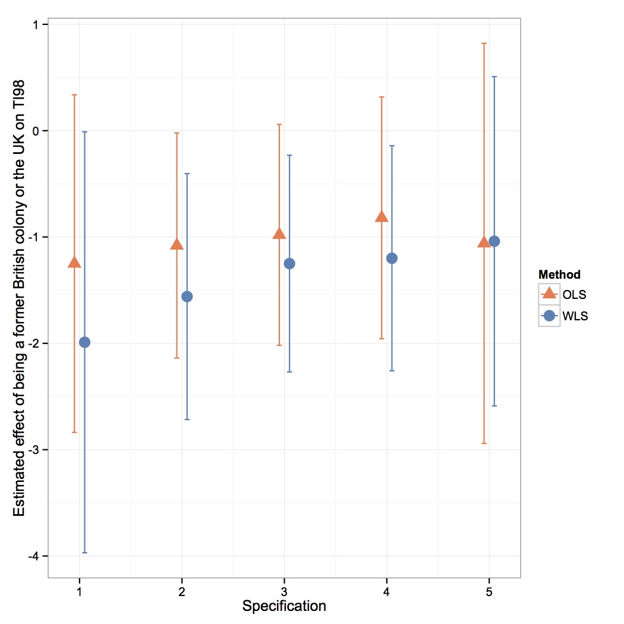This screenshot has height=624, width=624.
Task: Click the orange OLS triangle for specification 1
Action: coord(74,262)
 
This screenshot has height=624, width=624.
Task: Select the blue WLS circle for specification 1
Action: coord(84,342)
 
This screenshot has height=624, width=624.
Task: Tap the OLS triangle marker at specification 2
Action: coord(177,244)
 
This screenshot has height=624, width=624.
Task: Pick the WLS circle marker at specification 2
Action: coord(187,297)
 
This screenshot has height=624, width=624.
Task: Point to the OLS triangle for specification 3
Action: coord(279,234)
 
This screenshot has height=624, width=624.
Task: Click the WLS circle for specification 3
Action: coord(289,263)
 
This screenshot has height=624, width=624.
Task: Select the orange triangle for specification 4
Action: coord(382,217)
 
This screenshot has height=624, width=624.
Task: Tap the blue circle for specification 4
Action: coord(392,259)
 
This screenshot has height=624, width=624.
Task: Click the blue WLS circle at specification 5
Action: coord(494,241)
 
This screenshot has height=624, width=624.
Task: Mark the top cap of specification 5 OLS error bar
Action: coord(484,43)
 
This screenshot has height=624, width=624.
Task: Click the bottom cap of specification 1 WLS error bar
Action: coord(84,553)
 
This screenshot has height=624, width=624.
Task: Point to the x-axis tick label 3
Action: coord(284,592)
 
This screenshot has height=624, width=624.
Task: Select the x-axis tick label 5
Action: coord(489,592)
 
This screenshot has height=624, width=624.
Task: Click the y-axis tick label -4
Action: coord(33,556)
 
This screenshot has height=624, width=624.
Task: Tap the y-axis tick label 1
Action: coord(36,25)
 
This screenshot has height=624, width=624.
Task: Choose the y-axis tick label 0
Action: coord(36,131)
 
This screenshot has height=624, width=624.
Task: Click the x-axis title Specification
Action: coord(284,606)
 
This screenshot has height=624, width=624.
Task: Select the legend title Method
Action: coord(559,275)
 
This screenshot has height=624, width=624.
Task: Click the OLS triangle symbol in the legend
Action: coord(549,293)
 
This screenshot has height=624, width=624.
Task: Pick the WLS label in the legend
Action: coord(575,316)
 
